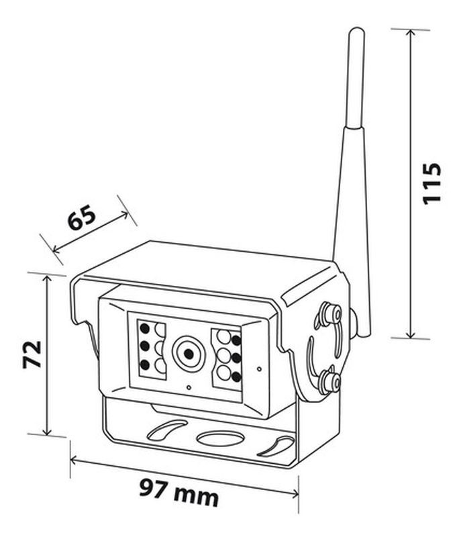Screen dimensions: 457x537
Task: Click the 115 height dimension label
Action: click(432, 184)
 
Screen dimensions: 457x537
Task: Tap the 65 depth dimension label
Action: click(82, 217)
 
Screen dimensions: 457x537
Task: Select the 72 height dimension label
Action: click(32, 354)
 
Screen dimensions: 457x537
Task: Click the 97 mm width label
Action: click(179, 493)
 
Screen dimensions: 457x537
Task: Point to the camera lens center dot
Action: click(189, 354)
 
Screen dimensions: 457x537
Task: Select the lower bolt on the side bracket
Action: click(331, 379)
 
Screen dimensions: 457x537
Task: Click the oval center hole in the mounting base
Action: click(221, 438)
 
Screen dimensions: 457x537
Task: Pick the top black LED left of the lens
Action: click(145, 329)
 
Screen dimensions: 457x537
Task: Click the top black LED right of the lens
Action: click(236, 340)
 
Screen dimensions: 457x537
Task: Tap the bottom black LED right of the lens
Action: click(236, 377)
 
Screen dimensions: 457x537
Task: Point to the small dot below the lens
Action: click(189, 387)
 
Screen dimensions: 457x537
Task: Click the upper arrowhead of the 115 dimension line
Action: click(411, 32)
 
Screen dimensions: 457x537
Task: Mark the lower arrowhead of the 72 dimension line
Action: click(47, 432)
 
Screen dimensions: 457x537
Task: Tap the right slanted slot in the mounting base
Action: click(277, 446)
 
